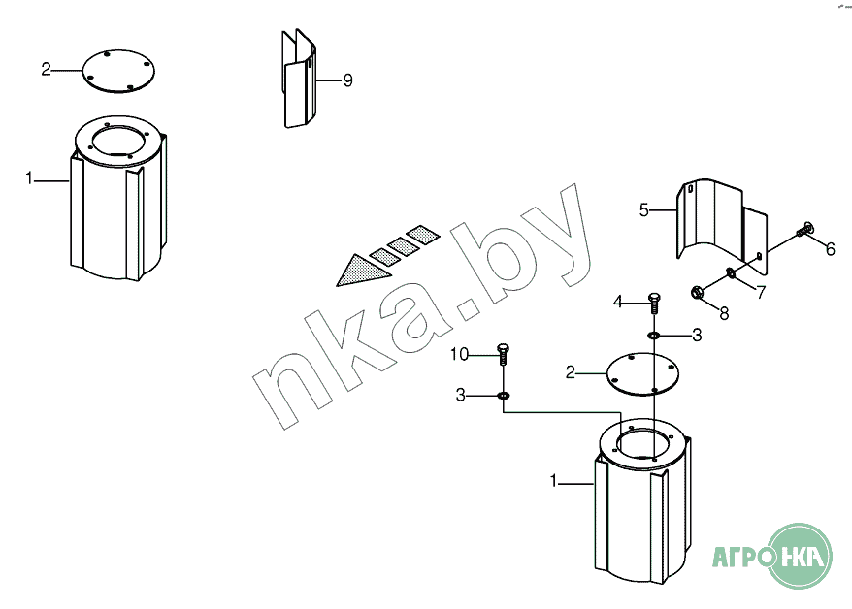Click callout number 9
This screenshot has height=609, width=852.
point(347,80)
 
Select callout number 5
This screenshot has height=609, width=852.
point(644,209)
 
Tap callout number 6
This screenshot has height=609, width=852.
point(831,249)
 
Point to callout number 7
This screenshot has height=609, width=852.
point(761,292)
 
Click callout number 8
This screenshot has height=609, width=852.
point(724,313)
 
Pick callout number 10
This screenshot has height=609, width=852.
point(459,354)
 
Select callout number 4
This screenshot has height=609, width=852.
point(618,302)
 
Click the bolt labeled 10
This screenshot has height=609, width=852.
point(503,354)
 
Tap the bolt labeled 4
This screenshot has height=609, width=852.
point(654,303)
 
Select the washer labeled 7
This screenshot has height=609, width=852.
point(731,272)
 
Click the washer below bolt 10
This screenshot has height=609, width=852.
point(504,396)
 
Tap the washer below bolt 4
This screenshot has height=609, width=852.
point(654,336)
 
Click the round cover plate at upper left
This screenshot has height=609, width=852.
point(118,71)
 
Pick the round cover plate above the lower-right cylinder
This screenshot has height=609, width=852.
point(642,374)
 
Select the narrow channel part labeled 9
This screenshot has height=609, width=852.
point(298,79)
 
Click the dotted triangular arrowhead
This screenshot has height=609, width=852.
point(361,270)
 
